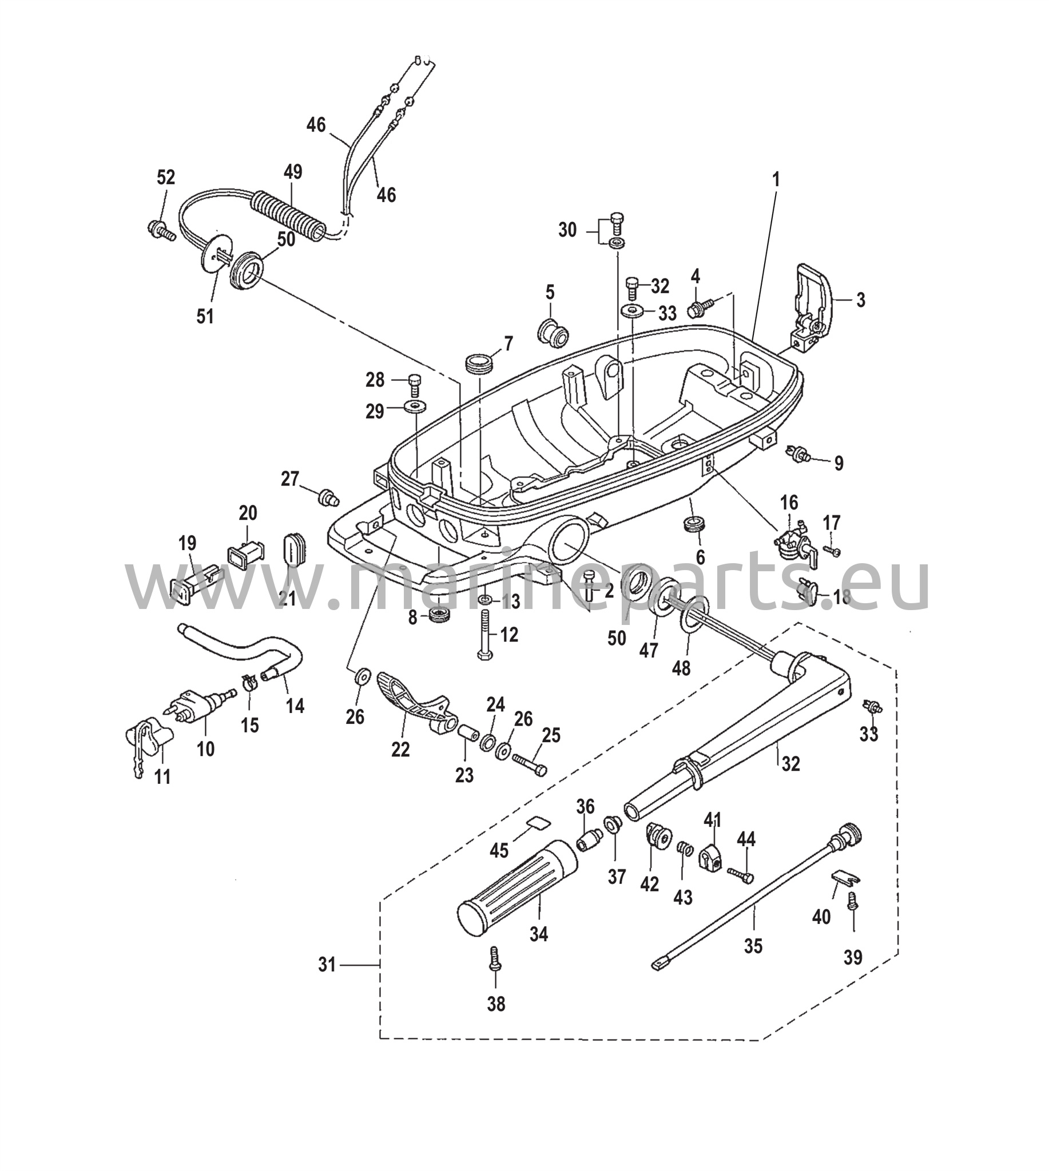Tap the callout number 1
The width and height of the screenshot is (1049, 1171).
tap(776, 180)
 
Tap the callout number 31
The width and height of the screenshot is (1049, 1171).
tap(327, 965)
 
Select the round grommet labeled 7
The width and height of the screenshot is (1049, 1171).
tap(479, 364)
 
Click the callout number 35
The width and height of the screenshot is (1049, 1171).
tap(753, 946)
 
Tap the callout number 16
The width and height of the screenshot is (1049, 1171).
tap(789, 503)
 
